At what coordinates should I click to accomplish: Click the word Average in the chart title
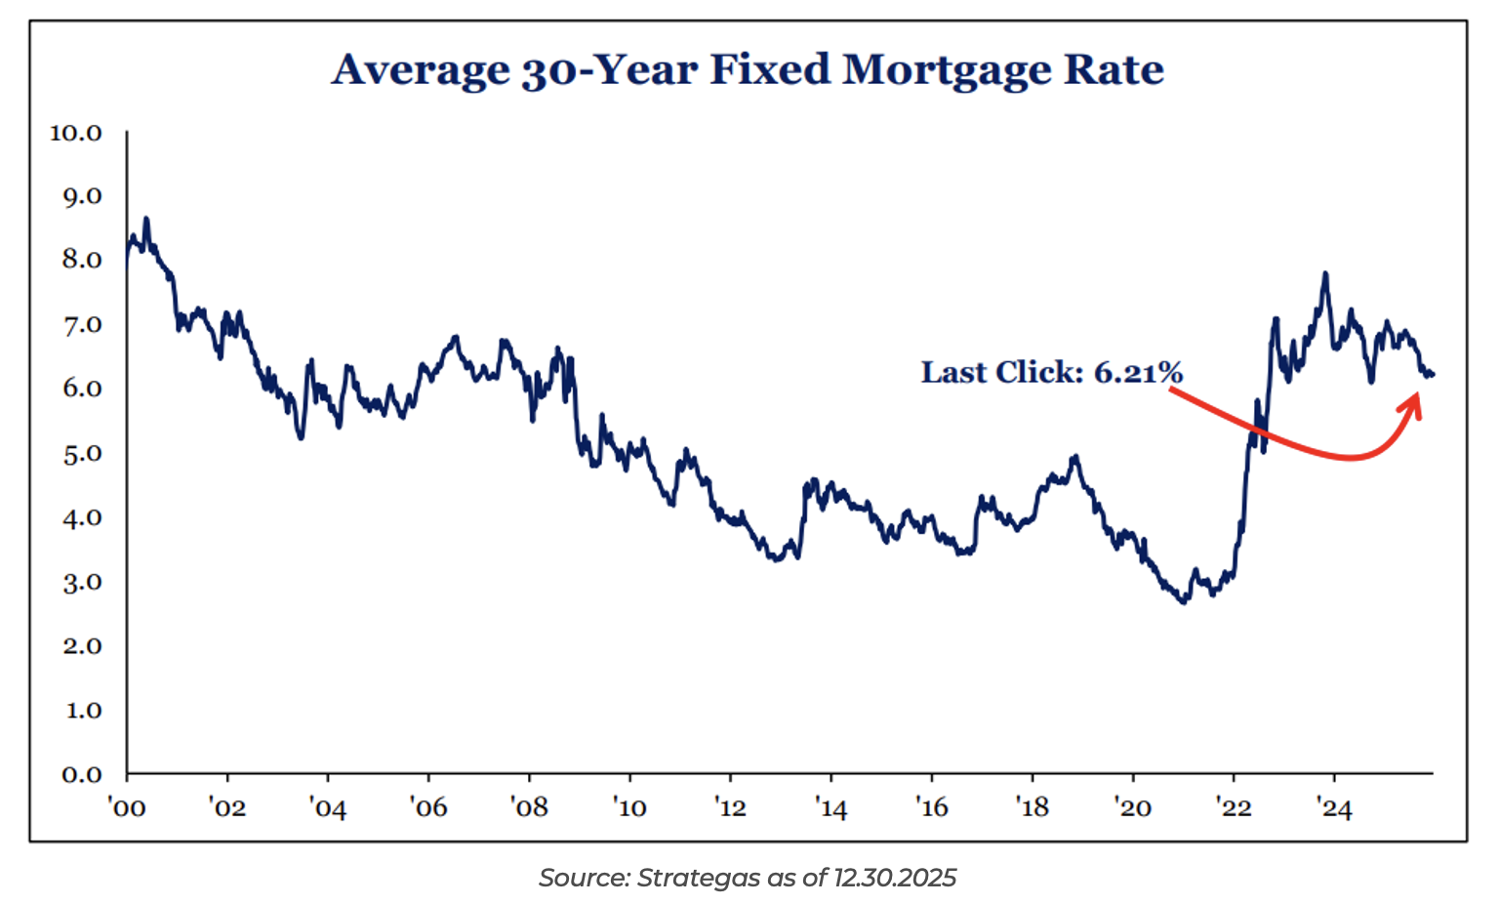421,70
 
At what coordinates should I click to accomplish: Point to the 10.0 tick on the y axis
76,133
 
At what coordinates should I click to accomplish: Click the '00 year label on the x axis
127,808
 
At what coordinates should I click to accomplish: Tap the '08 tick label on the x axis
530,808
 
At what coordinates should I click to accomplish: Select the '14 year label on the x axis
831,808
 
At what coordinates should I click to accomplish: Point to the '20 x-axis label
1133,808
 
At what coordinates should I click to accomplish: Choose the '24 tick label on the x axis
1334,808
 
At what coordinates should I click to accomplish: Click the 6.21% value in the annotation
1138,372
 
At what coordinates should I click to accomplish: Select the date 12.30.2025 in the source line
894,879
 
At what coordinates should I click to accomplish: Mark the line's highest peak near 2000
146,219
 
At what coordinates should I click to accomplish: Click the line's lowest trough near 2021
1184,602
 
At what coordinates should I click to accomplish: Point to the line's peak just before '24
1325,273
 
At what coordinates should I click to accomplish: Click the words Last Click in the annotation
1001,372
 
